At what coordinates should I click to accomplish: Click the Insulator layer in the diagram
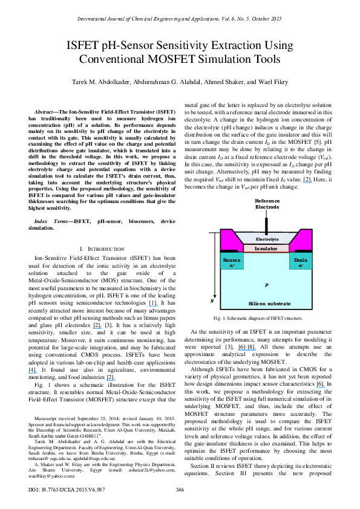click(x=266, y=248)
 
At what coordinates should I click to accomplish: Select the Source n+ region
click(x=232, y=262)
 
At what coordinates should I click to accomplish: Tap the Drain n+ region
click(x=301, y=262)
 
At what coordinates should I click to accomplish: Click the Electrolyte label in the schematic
click(x=266, y=239)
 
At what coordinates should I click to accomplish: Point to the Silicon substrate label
click(x=266, y=304)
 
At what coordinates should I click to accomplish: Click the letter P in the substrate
click(x=266, y=284)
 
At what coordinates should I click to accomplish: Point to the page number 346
click(x=179, y=488)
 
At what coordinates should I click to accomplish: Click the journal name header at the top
click(x=180, y=20)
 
